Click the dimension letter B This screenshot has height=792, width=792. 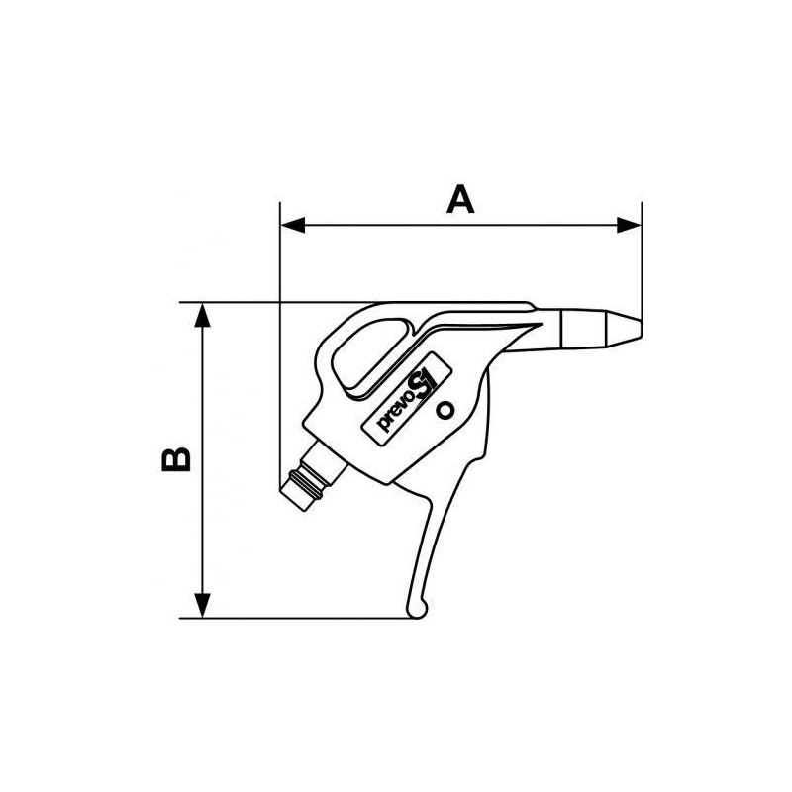pyautogui.click(x=176, y=458)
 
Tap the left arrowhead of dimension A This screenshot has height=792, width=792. pyautogui.click(x=293, y=226)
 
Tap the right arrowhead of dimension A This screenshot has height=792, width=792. pyautogui.click(x=630, y=226)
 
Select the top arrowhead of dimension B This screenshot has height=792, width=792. pyautogui.click(x=203, y=315)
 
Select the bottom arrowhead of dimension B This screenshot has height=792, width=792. pyautogui.click(x=203, y=605)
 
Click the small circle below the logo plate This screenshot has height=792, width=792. pyautogui.click(x=445, y=411)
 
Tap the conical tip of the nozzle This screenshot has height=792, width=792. pyautogui.click(x=626, y=329)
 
